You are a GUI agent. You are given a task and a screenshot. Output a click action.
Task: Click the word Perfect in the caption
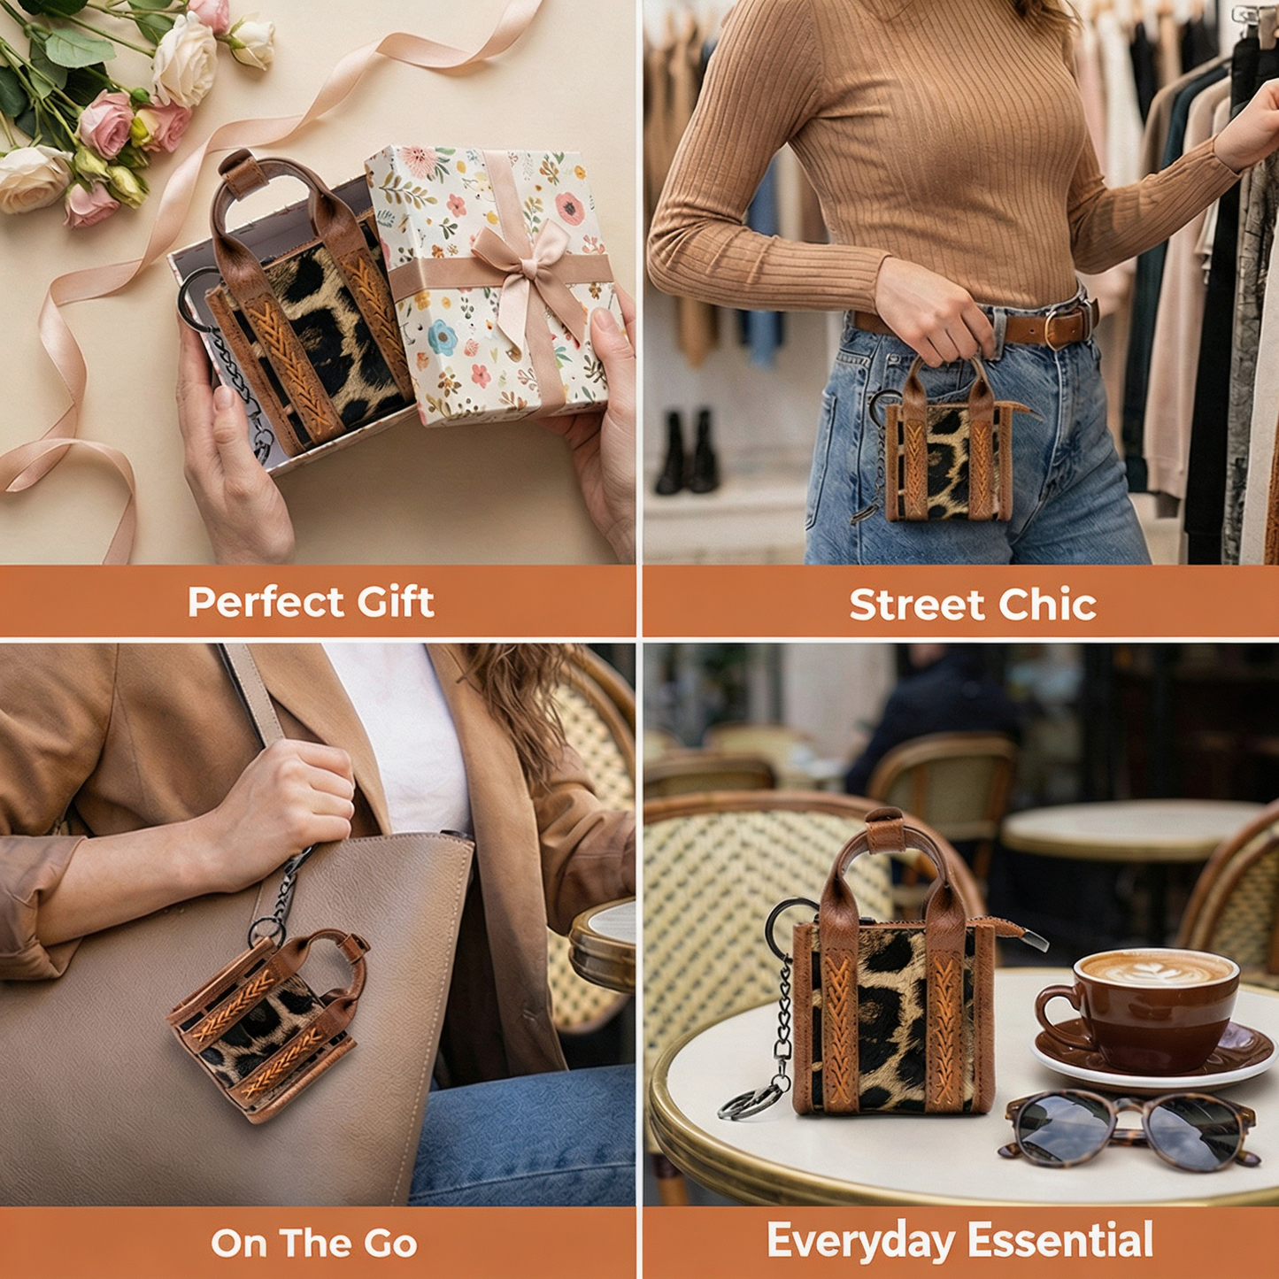[266, 602]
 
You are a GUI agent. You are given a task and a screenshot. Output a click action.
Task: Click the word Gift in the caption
[396, 601]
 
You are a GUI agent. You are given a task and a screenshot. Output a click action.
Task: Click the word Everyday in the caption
[860, 1240]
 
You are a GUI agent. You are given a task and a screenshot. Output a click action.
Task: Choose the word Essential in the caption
[1060, 1238]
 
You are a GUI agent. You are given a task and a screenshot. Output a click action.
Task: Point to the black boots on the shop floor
[686, 454]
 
